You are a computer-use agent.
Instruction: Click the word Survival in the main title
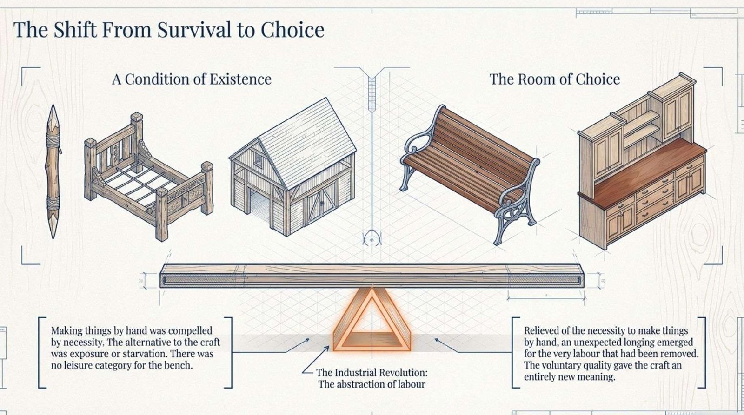tap(194, 30)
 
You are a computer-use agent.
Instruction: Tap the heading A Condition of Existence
tap(192, 79)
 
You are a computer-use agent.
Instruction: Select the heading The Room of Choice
tap(555, 79)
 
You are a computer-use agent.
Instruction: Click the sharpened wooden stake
tap(53, 171)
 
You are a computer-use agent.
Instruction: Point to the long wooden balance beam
tap(372, 276)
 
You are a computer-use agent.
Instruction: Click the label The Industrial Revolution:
tap(372, 373)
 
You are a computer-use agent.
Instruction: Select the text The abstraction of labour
tap(372, 384)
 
